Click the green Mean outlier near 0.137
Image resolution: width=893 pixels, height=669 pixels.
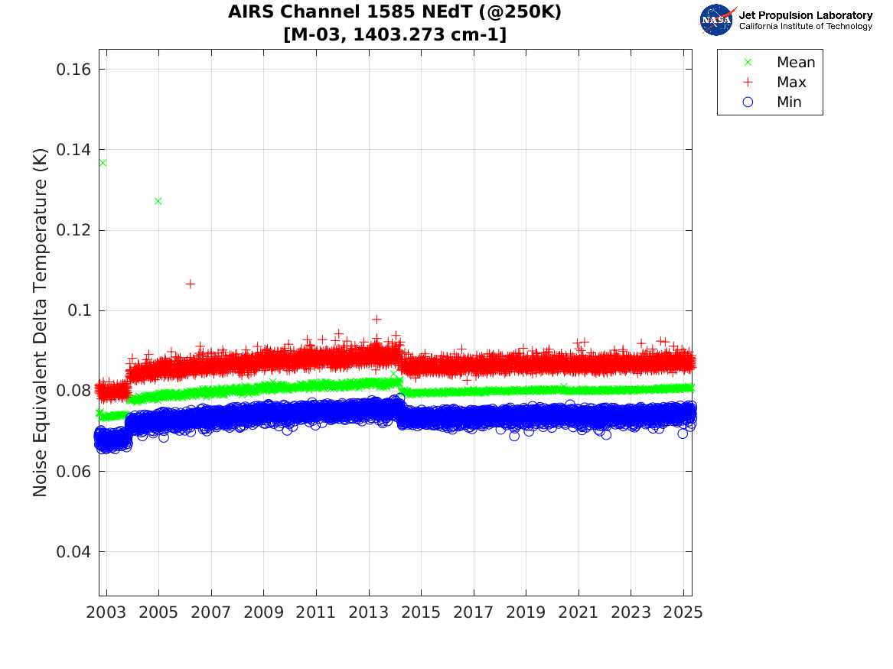coord(103,163)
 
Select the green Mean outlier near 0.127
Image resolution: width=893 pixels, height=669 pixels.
coord(158,201)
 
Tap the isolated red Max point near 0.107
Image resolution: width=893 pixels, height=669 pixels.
coord(190,284)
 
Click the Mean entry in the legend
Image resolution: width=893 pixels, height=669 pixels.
coord(795,63)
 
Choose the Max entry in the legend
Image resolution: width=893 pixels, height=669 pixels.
coord(790,83)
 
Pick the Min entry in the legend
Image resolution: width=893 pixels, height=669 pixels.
coord(789,102)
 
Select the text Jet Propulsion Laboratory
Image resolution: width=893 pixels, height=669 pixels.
coord(805,15)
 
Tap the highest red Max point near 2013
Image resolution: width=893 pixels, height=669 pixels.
coord(376,320)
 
